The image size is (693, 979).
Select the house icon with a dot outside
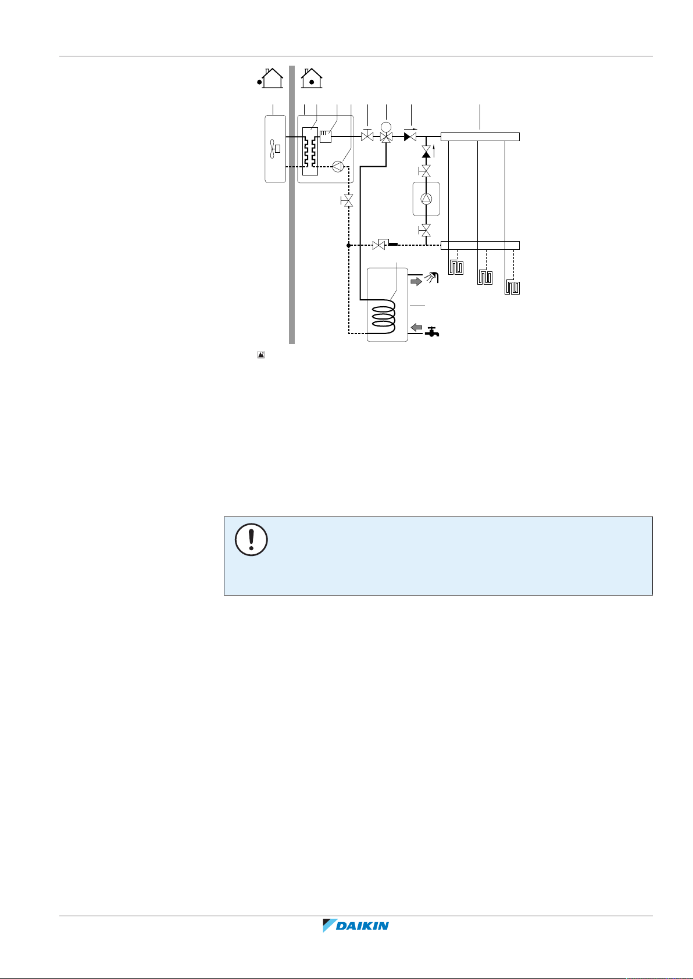270,78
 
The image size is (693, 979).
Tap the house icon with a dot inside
312,78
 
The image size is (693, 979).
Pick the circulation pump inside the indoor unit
338,166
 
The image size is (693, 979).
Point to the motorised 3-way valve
386,137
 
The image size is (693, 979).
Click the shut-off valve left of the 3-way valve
367,137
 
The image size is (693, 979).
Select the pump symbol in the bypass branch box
426,199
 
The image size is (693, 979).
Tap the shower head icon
433,278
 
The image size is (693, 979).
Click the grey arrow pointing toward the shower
417,282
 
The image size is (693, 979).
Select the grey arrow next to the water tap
417,328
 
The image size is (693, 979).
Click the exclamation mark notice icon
251,540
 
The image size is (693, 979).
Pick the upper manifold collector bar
480,137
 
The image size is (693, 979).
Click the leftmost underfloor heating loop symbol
456,268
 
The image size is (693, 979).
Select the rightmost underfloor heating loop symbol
512,286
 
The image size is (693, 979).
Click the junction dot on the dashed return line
348,245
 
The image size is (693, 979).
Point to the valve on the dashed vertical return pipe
348,202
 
